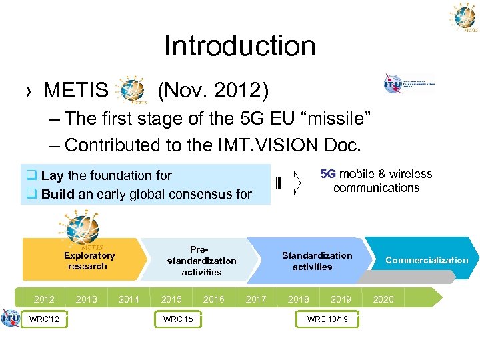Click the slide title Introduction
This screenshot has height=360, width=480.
(239, 46)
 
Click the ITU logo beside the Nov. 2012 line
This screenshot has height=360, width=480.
(408, 84)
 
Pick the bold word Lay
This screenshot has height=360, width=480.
(52, 176)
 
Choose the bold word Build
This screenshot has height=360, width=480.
(57, 195)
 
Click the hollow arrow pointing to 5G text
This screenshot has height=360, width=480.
(289, 182)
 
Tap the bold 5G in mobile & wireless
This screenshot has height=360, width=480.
(328, 174)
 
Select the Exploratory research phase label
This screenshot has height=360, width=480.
(89, 261)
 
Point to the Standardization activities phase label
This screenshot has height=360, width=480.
(317, 261)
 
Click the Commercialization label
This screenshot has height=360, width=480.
(427, 260)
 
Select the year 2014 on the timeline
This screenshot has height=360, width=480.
(129, 299)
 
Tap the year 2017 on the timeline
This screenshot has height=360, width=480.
(256, 299)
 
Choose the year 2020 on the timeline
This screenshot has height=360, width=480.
(383, 299)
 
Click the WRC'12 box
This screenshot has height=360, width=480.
(44, 320)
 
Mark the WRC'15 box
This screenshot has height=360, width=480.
(178, 320)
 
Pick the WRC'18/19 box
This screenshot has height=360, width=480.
(327, 320)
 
